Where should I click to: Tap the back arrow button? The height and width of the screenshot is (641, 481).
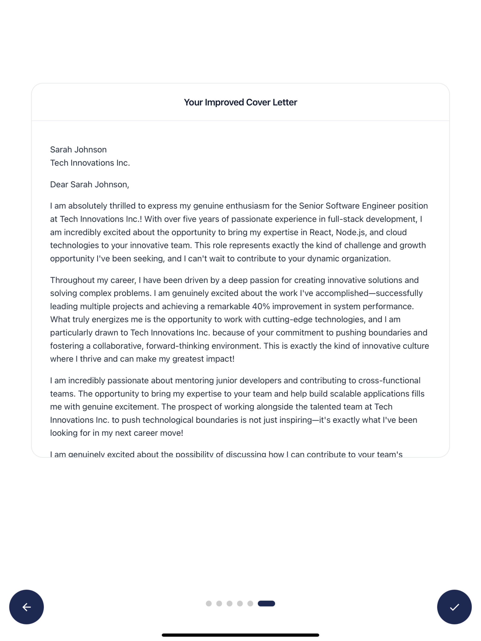26,607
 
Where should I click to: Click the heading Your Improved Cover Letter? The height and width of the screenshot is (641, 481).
240,102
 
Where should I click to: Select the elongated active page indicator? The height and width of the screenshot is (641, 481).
266,603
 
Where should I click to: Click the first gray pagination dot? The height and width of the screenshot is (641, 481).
209,603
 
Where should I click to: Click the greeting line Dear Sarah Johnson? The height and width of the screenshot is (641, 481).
89,184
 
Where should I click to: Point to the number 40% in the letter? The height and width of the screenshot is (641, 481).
261,306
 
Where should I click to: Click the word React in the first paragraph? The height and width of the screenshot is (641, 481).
320,232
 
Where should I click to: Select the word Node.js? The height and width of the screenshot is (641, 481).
350,232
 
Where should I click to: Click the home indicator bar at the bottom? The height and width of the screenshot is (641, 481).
240,635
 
